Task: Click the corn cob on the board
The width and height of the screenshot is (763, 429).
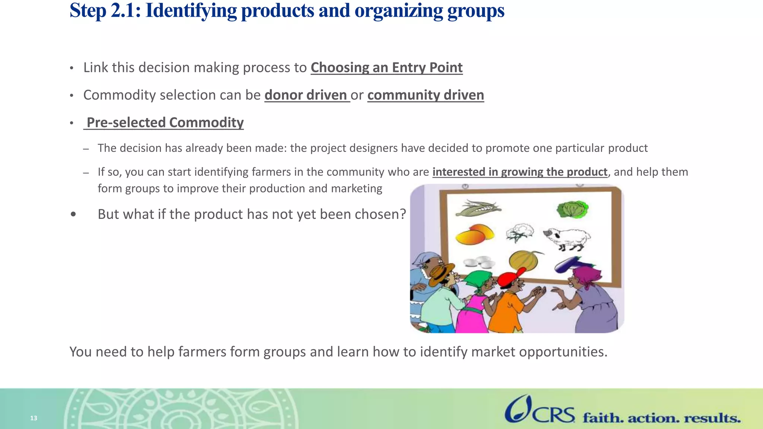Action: tap(478, 209)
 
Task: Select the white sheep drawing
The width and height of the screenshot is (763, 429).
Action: tap(567, 238)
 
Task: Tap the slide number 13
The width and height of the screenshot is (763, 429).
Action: tap(34, 418)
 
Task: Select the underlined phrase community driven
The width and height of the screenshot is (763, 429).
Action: tap(425, 95)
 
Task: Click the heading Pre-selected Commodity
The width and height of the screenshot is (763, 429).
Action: tap(165, 123)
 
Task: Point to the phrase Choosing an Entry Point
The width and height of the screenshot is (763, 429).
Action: tap(386, 67)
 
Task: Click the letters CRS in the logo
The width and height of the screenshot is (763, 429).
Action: tap(554, 415)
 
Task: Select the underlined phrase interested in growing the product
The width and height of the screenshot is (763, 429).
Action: tap(520, 172)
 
